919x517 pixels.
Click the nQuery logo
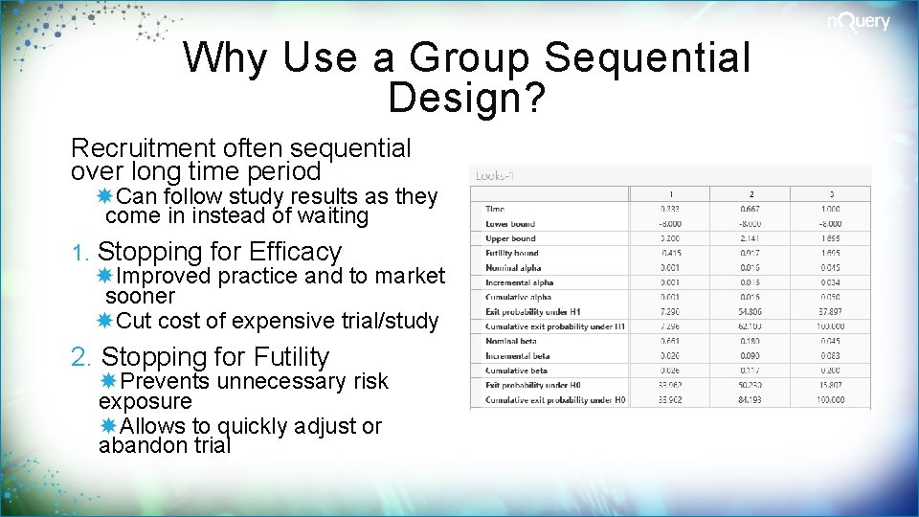pyautogui.click(x=859, y=22)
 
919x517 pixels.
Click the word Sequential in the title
pyautogui.click(x=647, y=57)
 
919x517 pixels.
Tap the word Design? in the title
pyautogui.click(x=467, y=96)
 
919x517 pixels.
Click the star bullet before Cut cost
pyautogui.click(x=105, y=321)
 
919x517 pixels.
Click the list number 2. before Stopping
pyautogui.click(x=82, y=357)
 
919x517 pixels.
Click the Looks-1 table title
pyautogui.click(x=496, y=176)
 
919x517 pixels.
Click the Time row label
pyautogui.click(x=495, y=208)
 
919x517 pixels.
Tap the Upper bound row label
pyautogui.click(x=510, y=238)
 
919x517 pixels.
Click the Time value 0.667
pyautogui.click(x=751, y=208)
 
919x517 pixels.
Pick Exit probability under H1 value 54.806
pyautogui.click(x=751, y=311)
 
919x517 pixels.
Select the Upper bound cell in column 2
pyautogui.click(x=751, y=238)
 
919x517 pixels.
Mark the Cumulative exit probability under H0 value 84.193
pyautogui.click(x=751, y=399)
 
